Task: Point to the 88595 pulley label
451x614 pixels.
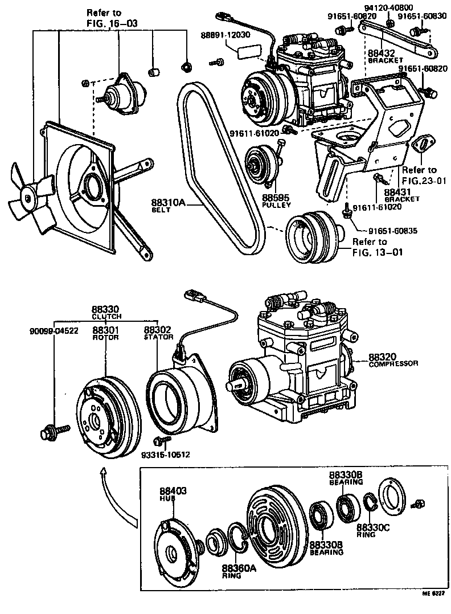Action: click(x=276, y=200)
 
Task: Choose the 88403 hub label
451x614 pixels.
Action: click(x=173, y=493)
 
